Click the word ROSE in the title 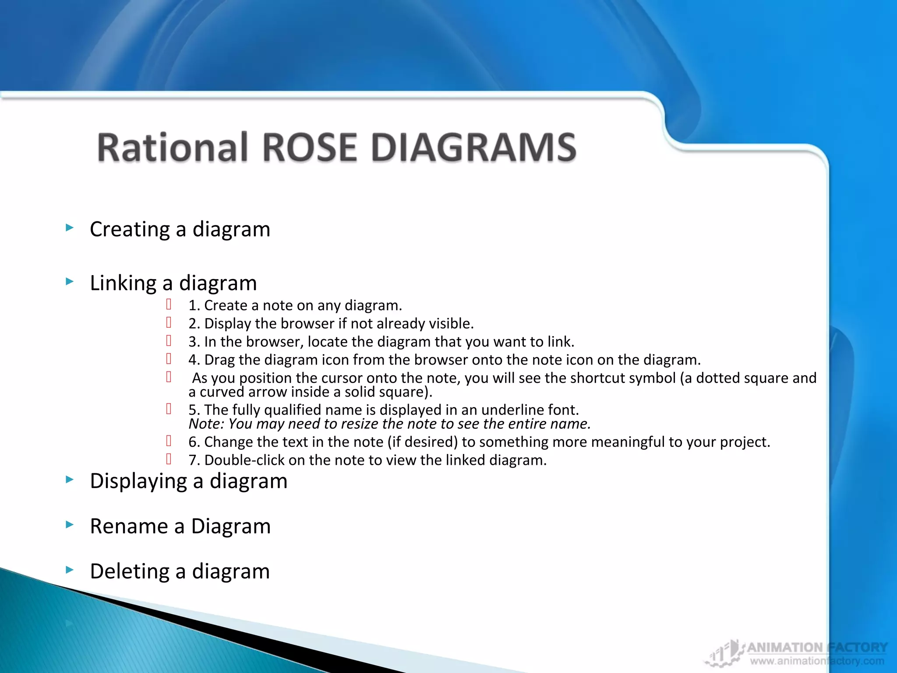(x=309, y=148)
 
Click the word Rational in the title (x=173, y=148)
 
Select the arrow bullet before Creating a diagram (x=70, y=227)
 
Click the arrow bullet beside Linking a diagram (x=70, y=281)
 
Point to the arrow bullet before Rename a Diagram (x=70, y=524)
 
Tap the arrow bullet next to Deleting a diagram (x=70, y=570)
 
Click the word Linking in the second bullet (x=123, y=283)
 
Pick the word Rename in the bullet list (x=129, y=526)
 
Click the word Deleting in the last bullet (x=129, y=571)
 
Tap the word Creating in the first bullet (x=130, y=229)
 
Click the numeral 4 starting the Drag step (x=193, y=360)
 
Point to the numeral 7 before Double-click (x=193, y=460)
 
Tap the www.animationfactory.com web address (x=817, y=661)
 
